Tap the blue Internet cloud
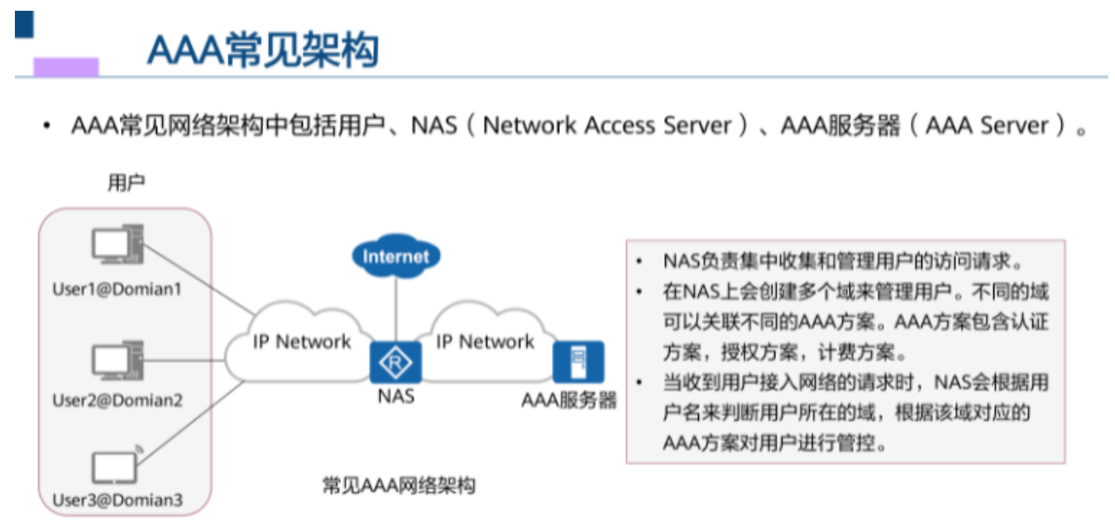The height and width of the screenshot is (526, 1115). click(396, 256)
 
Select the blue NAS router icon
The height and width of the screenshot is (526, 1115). click(398, 362)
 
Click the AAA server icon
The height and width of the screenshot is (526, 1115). click(578, 361)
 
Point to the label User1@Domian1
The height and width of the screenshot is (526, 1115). click(117, 289)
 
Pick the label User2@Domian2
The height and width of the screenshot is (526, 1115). click(117, 401)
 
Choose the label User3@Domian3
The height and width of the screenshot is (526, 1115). click(117, 500)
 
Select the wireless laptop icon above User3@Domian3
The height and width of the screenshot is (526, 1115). click(115, 466)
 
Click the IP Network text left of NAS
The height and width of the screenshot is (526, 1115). click(302, 342)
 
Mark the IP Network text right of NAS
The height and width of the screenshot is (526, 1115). click(486, 342)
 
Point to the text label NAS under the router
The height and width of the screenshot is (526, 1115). click(396, 396)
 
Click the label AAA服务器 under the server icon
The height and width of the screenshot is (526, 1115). click(570, 400)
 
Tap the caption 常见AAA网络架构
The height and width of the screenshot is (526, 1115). click(398, 485)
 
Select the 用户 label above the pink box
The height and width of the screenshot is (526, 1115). click(126, 183)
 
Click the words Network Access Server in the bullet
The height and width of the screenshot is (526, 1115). click(608, 126)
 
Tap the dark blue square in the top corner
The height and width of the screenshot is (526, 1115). click(24, 25)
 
